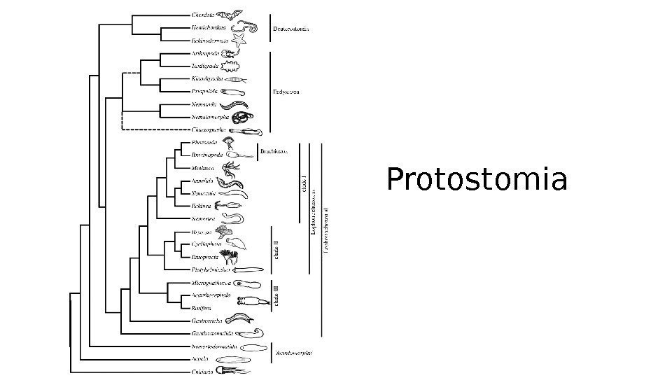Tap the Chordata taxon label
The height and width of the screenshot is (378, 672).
pyautogui.click(x=202, y=14)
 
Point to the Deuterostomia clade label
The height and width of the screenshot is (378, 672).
pyautogui.click(x=290, y=29)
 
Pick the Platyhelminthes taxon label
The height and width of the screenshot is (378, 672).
pyautogui.click(x=211, y=269)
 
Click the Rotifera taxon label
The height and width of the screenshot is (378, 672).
pyautogui.click(x=202, y=307)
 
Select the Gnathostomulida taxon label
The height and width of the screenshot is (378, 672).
pyautogui.click(x=213, y=333)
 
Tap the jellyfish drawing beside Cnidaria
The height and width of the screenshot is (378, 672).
pyautogui.click(x=228, y=371)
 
